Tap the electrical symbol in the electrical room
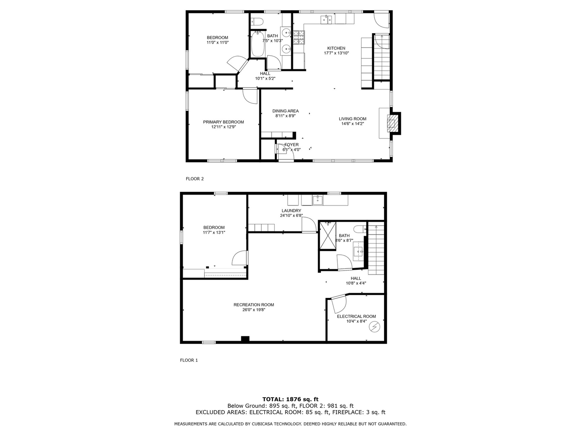point(375,327)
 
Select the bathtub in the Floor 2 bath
point(257,45)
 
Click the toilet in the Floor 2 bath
point(257,21)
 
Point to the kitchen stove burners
point(299,38)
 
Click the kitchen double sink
point(326,19)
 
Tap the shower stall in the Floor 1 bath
point(327,236)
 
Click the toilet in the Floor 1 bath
point(359,229)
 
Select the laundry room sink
point(318,199)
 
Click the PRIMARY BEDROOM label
point(223,122)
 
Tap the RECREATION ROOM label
point(253,305)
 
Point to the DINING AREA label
point(285,111)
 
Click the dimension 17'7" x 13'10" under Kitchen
point(336,53)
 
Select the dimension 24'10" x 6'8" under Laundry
point(291,215)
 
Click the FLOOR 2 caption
point(194,178)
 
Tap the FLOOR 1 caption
point(189,360)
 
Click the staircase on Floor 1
point(376,249)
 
